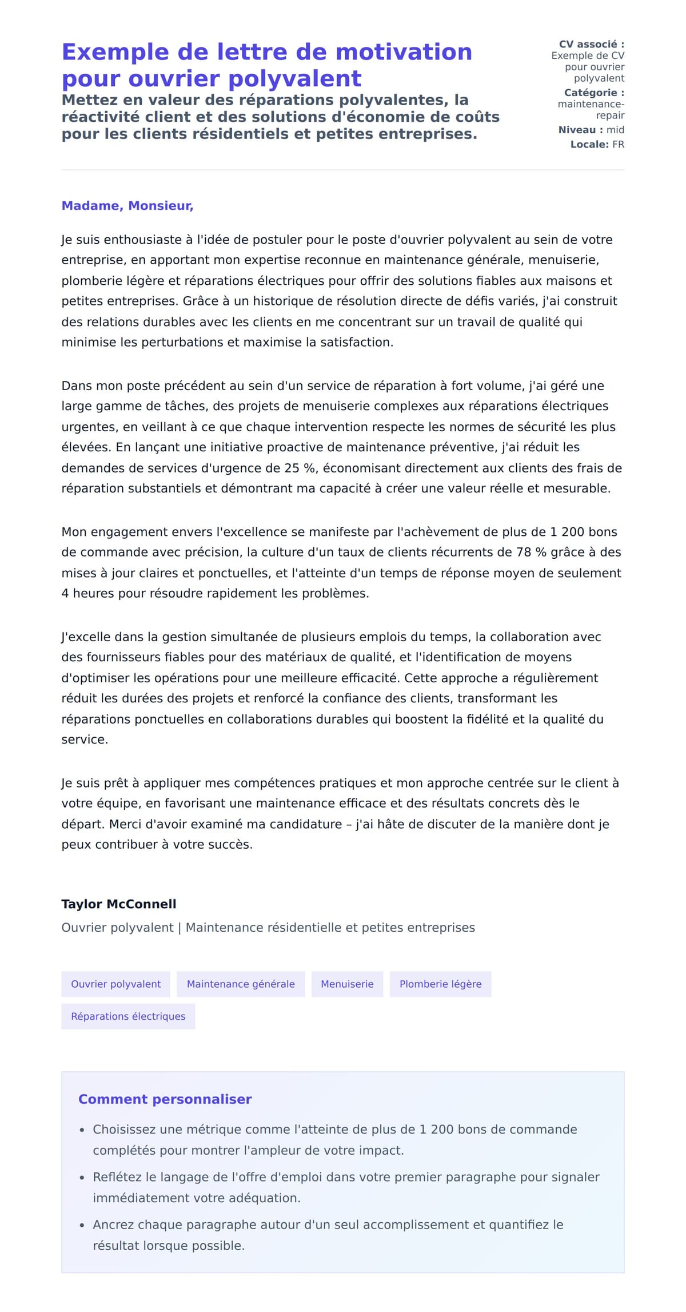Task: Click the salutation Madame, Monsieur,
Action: (127, 206)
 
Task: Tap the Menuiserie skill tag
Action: (347, 984)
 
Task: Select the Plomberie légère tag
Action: (440, 984)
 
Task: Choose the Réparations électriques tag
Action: (128, 1016)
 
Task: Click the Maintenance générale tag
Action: (241, 984)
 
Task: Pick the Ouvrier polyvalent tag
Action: (115, 984)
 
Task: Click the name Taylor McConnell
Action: (119, 904)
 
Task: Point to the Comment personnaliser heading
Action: (165, 1099)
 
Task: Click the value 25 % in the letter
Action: (300, 468)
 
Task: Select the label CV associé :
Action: (591, 45)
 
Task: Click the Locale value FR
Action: (618, 145)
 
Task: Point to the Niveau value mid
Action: (615, 130)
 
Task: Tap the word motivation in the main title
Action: (404, 52)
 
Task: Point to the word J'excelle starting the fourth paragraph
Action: (86, 637)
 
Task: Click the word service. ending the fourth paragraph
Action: (85, 740)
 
